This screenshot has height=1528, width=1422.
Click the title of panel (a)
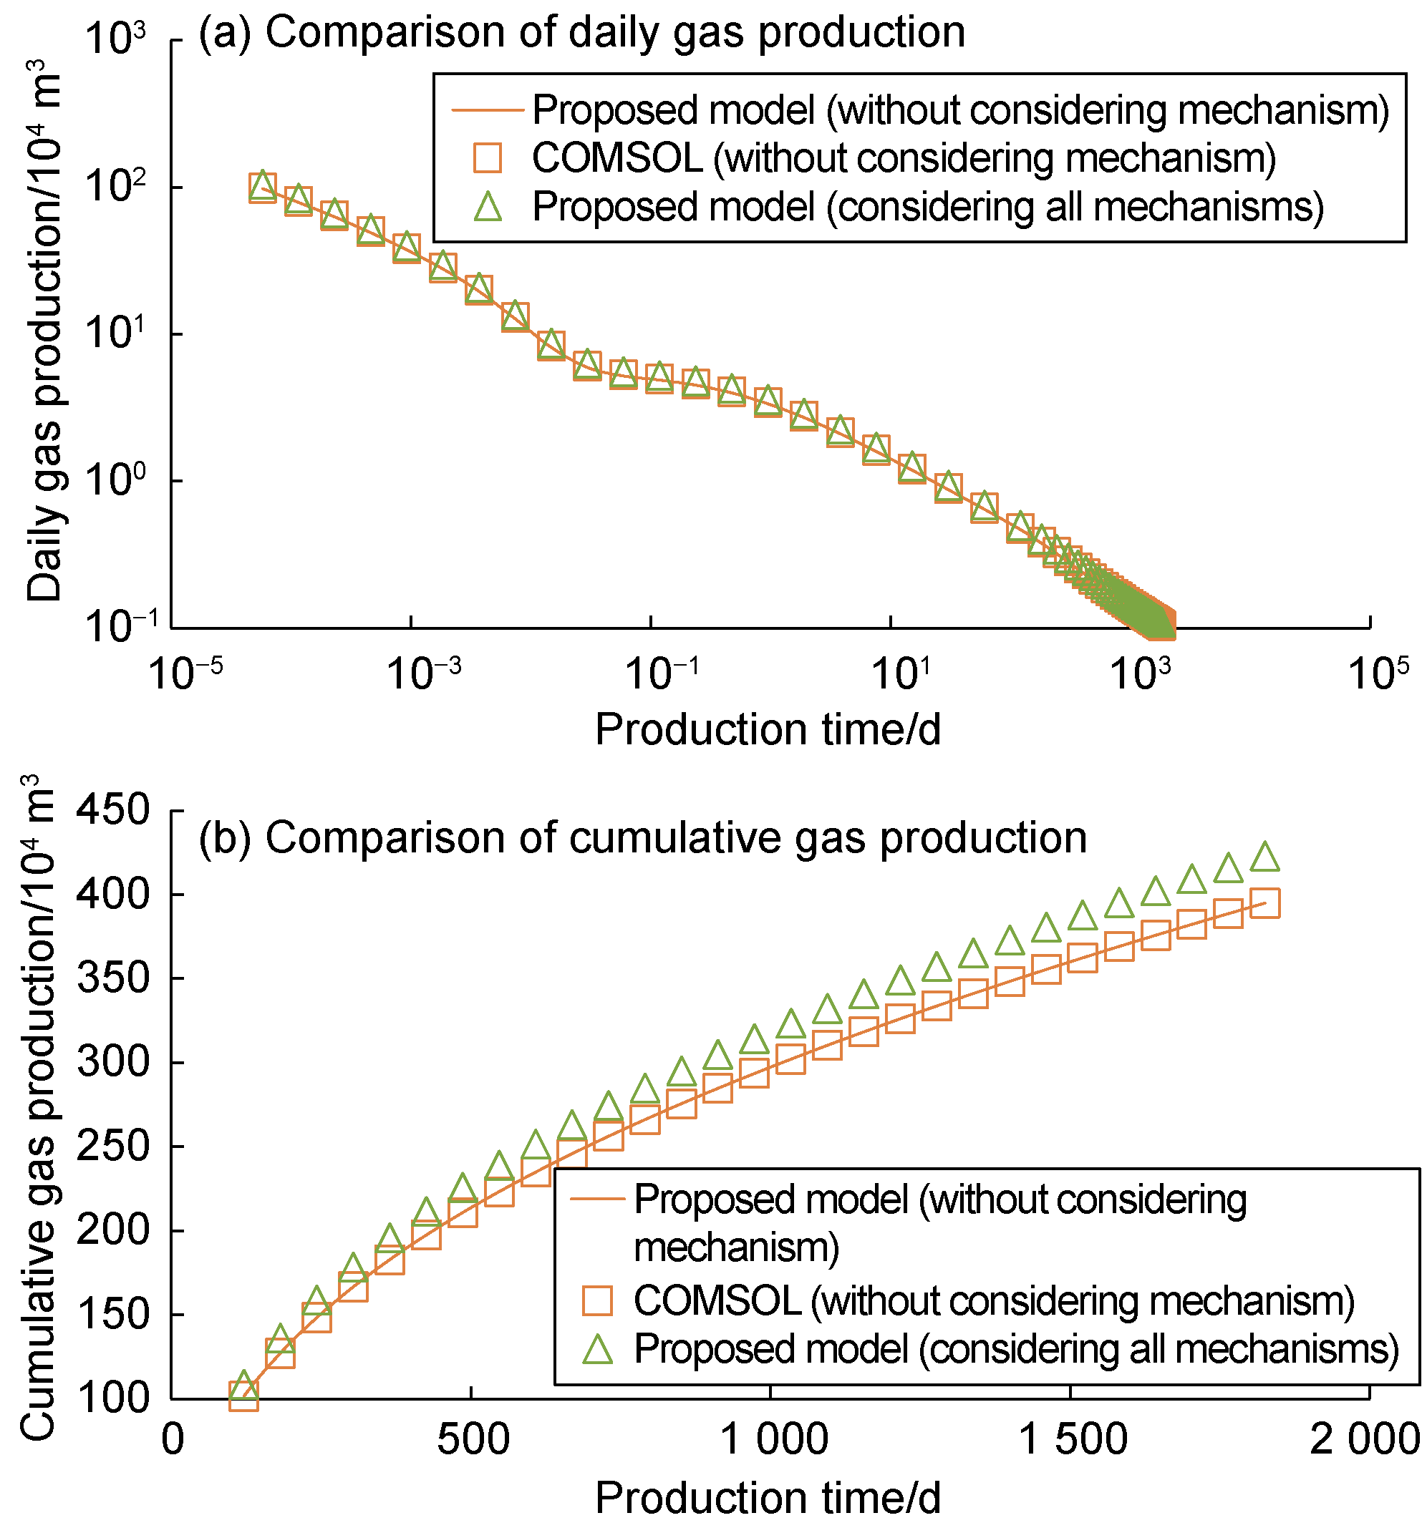[581, 33]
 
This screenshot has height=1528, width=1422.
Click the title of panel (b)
[642, 837]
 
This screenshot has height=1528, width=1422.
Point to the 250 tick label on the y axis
[113, 1146]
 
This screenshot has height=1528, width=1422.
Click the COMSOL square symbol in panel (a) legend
[488, 158]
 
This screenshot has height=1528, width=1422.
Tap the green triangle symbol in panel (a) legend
[488, 207]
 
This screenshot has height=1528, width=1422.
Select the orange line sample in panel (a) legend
[488, 110]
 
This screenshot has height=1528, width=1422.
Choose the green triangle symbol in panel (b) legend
[598, 1349]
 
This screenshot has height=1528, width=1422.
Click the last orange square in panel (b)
[1265, 903]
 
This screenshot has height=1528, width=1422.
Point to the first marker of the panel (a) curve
[262, 187]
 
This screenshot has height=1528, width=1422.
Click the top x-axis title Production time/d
[768, 729]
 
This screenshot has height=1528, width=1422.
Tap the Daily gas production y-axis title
[44, 331]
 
